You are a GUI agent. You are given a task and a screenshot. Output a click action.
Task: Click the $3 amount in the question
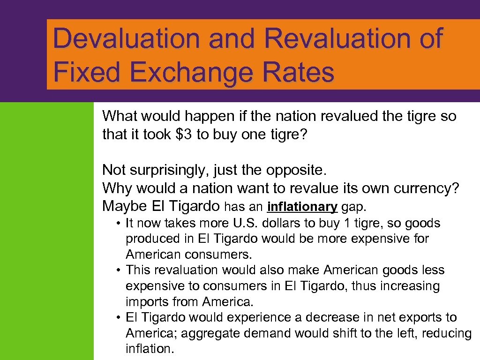click(184, 135)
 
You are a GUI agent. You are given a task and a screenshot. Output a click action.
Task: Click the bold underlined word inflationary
click(302, 207)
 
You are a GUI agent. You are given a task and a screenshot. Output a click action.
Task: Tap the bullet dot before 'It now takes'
click(120, 224)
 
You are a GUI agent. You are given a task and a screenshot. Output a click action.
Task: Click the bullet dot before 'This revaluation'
click(120, 270)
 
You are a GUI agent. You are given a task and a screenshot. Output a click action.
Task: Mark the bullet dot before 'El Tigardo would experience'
click(120, 318)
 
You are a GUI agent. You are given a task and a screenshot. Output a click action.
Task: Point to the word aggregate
click(203, 333)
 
